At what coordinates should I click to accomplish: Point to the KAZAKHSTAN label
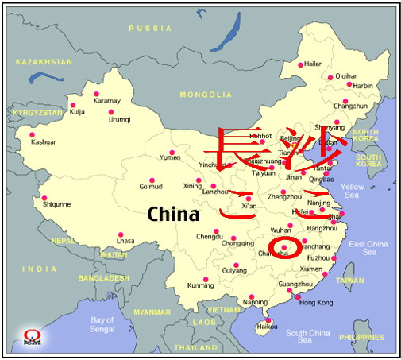[x=44, y=61]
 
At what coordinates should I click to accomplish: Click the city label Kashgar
[x=43, y=141]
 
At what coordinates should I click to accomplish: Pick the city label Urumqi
[x=119, y=119]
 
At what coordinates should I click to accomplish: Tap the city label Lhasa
[x=125, y=240]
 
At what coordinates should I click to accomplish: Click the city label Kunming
[x=200, y=285]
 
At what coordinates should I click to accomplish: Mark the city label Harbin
[x=362, y=85]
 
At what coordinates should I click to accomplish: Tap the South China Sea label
[x=307, y=336]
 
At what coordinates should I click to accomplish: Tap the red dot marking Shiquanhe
[x=44, y=198]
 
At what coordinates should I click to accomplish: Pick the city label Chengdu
[x=210, y=236]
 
